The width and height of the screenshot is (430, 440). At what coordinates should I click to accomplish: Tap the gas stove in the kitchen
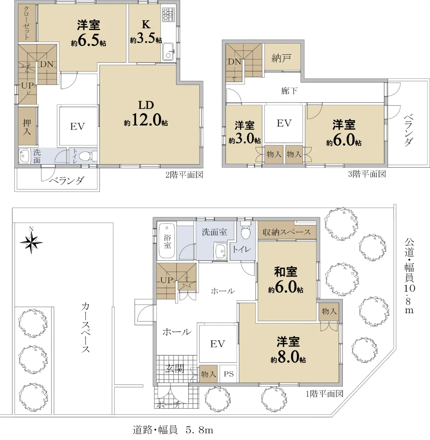[168, 14]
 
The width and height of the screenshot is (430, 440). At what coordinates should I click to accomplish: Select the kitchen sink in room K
[168, 52]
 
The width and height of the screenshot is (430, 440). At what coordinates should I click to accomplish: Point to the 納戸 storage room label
[281, 58]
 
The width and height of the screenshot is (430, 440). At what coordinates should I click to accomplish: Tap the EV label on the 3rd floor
[284, 123]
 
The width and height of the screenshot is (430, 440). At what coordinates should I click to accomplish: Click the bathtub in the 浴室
[167, 241]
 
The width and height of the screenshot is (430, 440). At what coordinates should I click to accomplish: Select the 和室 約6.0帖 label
[286, 280]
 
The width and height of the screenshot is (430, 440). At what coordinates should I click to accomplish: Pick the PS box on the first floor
[229, 374]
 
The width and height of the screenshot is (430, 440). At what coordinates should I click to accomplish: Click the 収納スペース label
[287, 232]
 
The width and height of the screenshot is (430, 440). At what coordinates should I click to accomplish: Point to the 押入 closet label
[27, 127]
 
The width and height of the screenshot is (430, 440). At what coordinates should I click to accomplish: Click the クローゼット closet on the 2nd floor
[27, 23]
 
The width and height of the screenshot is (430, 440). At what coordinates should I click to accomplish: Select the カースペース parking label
[86, 328]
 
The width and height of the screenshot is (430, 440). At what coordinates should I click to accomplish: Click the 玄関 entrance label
[174, 368]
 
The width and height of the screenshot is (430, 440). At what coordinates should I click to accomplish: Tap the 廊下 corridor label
[289, 91]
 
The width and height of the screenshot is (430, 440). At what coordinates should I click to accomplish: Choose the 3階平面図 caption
[367, 174]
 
